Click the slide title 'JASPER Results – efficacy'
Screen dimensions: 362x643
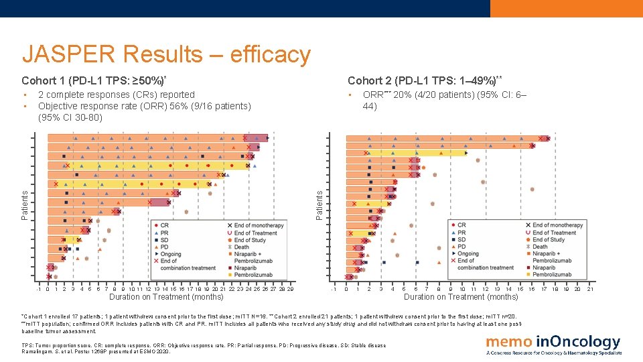166,54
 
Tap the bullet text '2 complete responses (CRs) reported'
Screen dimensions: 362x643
117,95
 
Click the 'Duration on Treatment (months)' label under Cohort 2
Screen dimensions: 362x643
461,297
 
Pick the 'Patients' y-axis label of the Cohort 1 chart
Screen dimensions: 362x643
25,205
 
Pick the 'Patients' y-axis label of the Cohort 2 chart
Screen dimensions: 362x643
320,203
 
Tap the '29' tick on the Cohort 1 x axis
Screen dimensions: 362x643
290,289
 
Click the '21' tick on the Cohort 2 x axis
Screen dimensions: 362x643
590,289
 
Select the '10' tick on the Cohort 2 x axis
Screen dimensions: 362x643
462,289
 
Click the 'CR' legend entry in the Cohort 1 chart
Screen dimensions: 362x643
164,226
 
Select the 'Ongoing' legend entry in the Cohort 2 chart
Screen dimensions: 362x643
468,254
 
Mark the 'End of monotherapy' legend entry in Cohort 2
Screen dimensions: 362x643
557,225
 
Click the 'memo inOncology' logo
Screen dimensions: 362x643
553,343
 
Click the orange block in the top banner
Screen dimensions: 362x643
566,8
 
